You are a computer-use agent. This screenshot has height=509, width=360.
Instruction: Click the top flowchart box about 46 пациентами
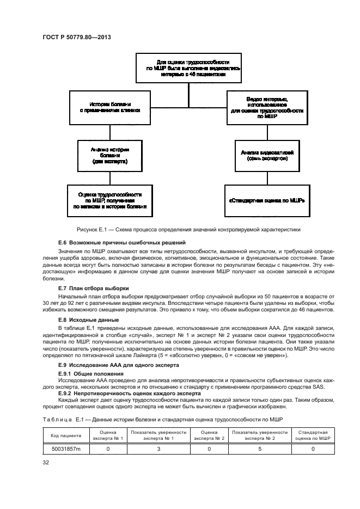tap(189, 69)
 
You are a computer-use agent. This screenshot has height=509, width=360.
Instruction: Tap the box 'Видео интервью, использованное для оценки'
tap(267, 106)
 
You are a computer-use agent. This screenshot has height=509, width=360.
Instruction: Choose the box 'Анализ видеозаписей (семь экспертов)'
tap(267, 155)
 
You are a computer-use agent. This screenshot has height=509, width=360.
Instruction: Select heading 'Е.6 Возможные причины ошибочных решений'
tap(122, 242)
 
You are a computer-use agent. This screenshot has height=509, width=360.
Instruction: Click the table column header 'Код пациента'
tap(66, 435)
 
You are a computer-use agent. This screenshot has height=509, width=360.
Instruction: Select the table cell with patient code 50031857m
tap(66, 449)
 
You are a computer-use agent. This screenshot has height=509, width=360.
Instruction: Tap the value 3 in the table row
tap(158, 449)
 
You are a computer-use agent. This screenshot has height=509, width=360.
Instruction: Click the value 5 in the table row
tap(260, 449)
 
